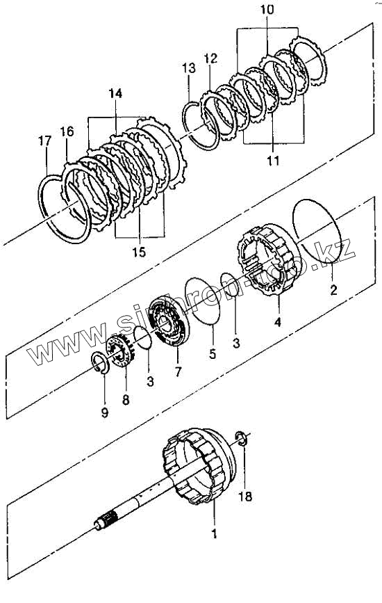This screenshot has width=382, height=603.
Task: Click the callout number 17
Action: click(x=44, y=141)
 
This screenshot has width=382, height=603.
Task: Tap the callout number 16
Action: click(x=67, y=131)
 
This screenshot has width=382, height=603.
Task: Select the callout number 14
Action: click(x=115, y=93)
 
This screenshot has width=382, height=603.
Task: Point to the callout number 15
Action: click(x=139, y=252)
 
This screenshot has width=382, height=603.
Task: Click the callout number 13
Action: click(x=189, y=68)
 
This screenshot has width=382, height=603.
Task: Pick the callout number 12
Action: click(x=210, y=58)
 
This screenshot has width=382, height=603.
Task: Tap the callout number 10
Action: click(x=267, y=9)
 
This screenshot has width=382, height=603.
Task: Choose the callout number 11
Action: click(x=273, y=161)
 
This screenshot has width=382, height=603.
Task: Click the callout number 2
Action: click(x=333, y=289)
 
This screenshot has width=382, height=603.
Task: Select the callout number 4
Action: click(x=278, y=321)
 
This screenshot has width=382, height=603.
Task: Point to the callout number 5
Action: click(x=213, y=353)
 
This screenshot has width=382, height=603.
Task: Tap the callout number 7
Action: click(x=178, y=372)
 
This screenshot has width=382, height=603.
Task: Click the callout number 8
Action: click(x=126, y=400)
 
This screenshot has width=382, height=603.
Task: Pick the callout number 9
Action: click(x=105, y=412)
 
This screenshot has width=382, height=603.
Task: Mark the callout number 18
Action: click(x=245, y=497)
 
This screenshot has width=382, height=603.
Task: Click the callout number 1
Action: click(x=214, y=533)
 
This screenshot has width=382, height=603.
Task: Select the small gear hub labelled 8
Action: click(x=121, y=351)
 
